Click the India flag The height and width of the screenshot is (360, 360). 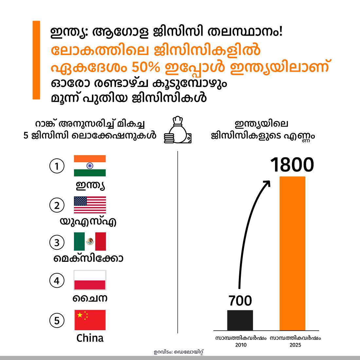[90, 166]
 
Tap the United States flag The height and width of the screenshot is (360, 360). [90, 205]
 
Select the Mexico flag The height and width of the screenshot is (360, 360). [90, 242]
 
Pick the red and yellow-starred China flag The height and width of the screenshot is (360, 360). [90, 320]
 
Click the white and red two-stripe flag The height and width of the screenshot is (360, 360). [90, 280]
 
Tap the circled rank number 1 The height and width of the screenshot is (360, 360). [56, 166]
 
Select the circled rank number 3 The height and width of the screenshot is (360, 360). [56, 243]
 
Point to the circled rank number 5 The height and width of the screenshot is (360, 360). [56, 320]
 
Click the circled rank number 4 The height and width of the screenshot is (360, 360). [56, 281]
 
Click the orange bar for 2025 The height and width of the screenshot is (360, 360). [292, 253]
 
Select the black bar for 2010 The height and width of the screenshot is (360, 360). [240, 320]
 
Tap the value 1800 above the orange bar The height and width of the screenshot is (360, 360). [292, 165]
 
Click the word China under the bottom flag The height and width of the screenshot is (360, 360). [90, 338]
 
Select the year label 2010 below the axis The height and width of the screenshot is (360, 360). [241, 345]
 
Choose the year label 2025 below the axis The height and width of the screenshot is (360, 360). [295, 345]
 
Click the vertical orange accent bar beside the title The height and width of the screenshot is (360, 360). [36, 60]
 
